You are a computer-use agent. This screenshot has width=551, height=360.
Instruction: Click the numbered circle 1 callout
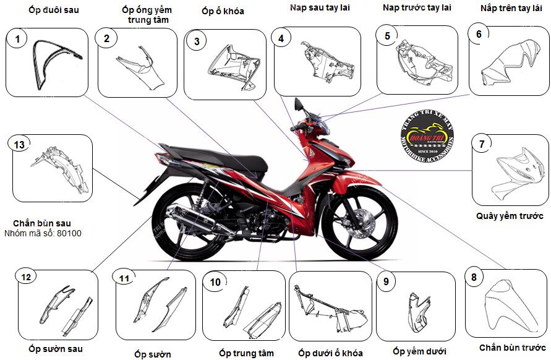[18, 40]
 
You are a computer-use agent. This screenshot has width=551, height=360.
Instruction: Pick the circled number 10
[215, 282]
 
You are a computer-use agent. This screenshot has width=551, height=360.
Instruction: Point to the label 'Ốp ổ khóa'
[223, 11]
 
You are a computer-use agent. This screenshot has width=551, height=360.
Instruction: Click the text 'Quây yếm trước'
[510, 216]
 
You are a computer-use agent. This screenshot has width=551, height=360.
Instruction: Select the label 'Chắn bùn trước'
[513, 348]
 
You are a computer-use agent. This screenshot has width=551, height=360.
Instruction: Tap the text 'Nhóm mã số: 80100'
[43, 234]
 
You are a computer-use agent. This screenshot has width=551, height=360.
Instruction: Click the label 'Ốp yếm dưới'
[419, 351]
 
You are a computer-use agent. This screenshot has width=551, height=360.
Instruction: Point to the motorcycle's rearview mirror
[299, 104]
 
